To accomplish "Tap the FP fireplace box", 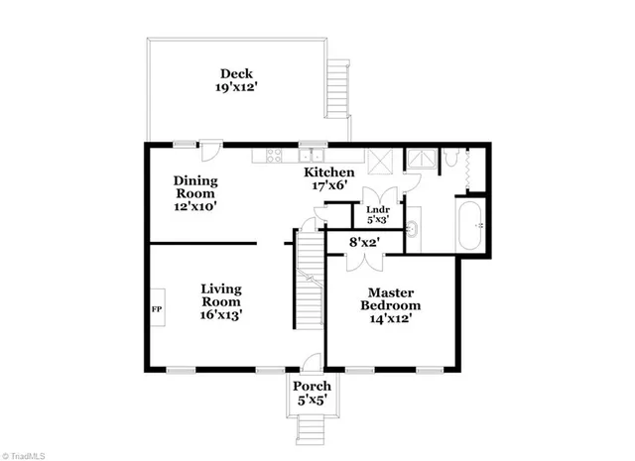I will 157,309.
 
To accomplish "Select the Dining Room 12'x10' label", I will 194,193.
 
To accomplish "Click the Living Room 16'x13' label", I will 222,301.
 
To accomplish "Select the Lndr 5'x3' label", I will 378,215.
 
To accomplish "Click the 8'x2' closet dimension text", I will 365,241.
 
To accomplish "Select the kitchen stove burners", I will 269,155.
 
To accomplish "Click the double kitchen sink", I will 314,155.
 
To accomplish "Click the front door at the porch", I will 310,363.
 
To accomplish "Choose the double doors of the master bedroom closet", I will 358,260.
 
